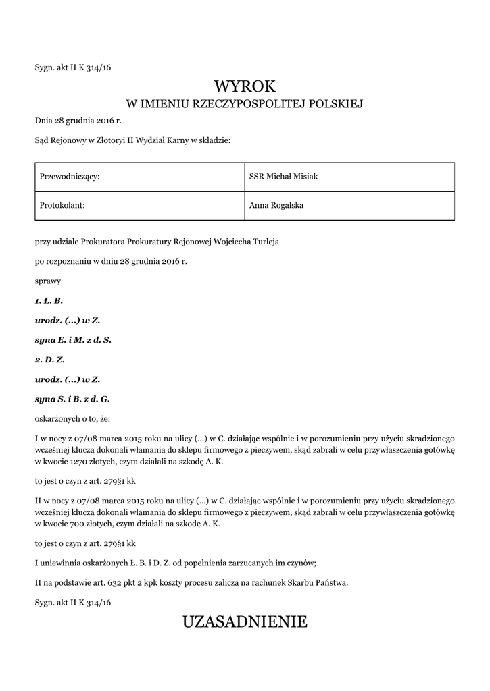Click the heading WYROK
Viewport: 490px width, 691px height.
245,86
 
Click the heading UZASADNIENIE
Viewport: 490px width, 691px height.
245,621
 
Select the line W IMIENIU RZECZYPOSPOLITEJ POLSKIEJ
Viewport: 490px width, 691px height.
245,104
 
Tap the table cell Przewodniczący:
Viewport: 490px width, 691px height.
70,177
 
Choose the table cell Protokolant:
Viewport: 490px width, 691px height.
62,205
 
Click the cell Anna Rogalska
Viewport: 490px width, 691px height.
276,205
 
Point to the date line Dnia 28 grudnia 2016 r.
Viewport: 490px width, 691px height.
78,121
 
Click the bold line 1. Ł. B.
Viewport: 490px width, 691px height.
49,300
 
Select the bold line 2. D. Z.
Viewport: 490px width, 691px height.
49,360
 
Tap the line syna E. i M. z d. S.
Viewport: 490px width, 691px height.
73,340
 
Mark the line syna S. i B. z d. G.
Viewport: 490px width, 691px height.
72,399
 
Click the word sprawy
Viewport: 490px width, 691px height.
48,280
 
